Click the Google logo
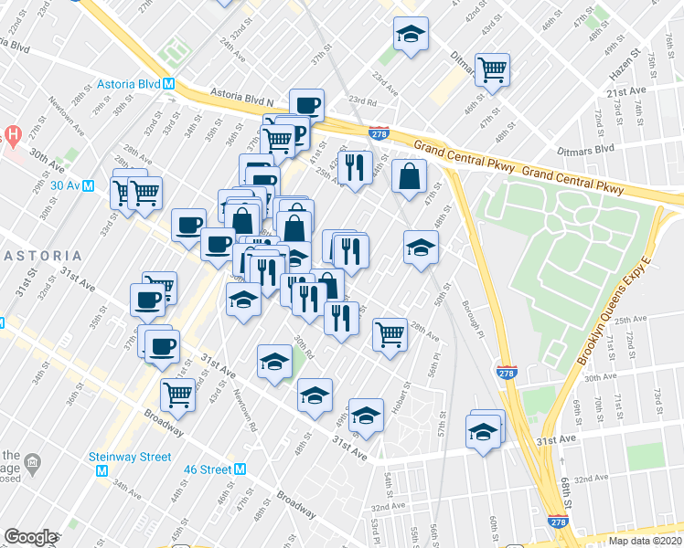[30, 537]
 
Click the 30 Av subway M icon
[89, 184]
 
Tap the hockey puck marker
[314, 395]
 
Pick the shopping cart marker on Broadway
[176, 395]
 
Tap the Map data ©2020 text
[644, 541]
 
